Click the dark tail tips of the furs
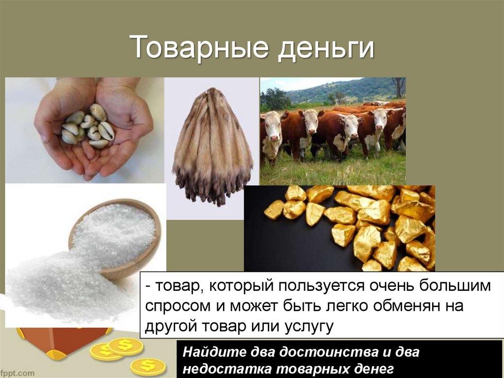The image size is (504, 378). point(212,190)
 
